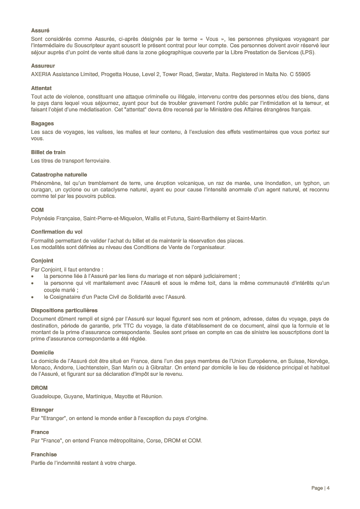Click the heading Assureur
43,66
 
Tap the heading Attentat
41,88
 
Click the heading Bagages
42,123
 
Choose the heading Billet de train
48,152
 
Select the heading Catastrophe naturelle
59,174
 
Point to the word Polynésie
43,218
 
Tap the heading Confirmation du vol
57,232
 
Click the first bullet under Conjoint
33,276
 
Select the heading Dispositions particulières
64,310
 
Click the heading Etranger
42,410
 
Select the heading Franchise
44,454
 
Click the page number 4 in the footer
328,488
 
